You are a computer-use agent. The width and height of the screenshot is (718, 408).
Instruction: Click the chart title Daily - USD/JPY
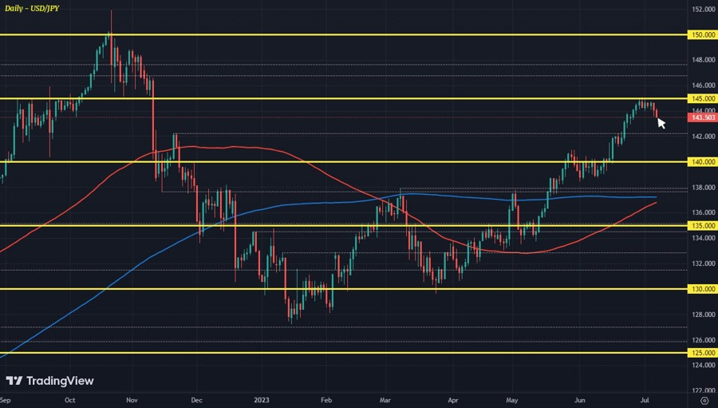point(30,7)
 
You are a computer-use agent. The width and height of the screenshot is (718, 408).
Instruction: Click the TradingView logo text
point(50,381)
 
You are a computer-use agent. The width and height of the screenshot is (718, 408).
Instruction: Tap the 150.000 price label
point(703,35)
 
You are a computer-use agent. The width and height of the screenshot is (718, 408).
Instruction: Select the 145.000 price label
point(703,98)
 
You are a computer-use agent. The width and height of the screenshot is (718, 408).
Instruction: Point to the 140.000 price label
point(703,162)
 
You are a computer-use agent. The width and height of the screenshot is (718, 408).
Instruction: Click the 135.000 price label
point(703,225)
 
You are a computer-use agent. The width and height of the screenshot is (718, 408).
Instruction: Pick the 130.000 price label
point(703,289)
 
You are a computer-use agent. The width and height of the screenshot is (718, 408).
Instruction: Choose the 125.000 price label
point(703,352)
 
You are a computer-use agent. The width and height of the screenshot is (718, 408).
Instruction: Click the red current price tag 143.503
point(703,117)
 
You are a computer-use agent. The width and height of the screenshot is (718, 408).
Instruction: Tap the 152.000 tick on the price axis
point(703,10)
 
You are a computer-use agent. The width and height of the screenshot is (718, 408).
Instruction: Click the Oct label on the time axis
point(69,398)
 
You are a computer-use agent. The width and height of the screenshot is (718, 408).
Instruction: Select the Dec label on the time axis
point(197,398)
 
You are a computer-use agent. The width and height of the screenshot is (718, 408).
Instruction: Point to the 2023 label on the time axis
point(262,398)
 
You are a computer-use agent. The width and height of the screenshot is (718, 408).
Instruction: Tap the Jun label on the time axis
point(581,398)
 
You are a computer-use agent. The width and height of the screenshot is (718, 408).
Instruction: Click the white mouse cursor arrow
point(661,124)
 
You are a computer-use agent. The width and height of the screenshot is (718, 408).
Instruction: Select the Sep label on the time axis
point(6,398)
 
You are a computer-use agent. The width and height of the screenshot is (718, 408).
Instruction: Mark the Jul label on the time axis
point(643,398)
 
